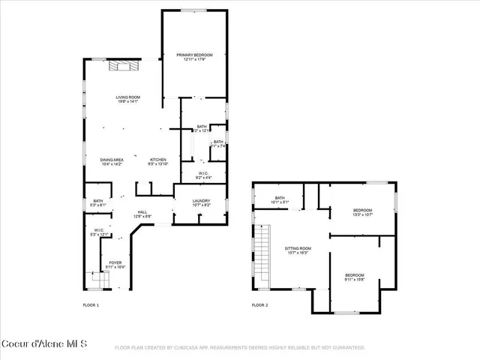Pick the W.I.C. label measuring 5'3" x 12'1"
click(x=98, y=232)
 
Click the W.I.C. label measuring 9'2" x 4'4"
click(x=203, y=175)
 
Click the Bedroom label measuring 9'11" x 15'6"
click(x=355, y=277)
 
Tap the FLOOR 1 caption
click(x=91, y=305)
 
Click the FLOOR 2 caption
click(x=259, y=305)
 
